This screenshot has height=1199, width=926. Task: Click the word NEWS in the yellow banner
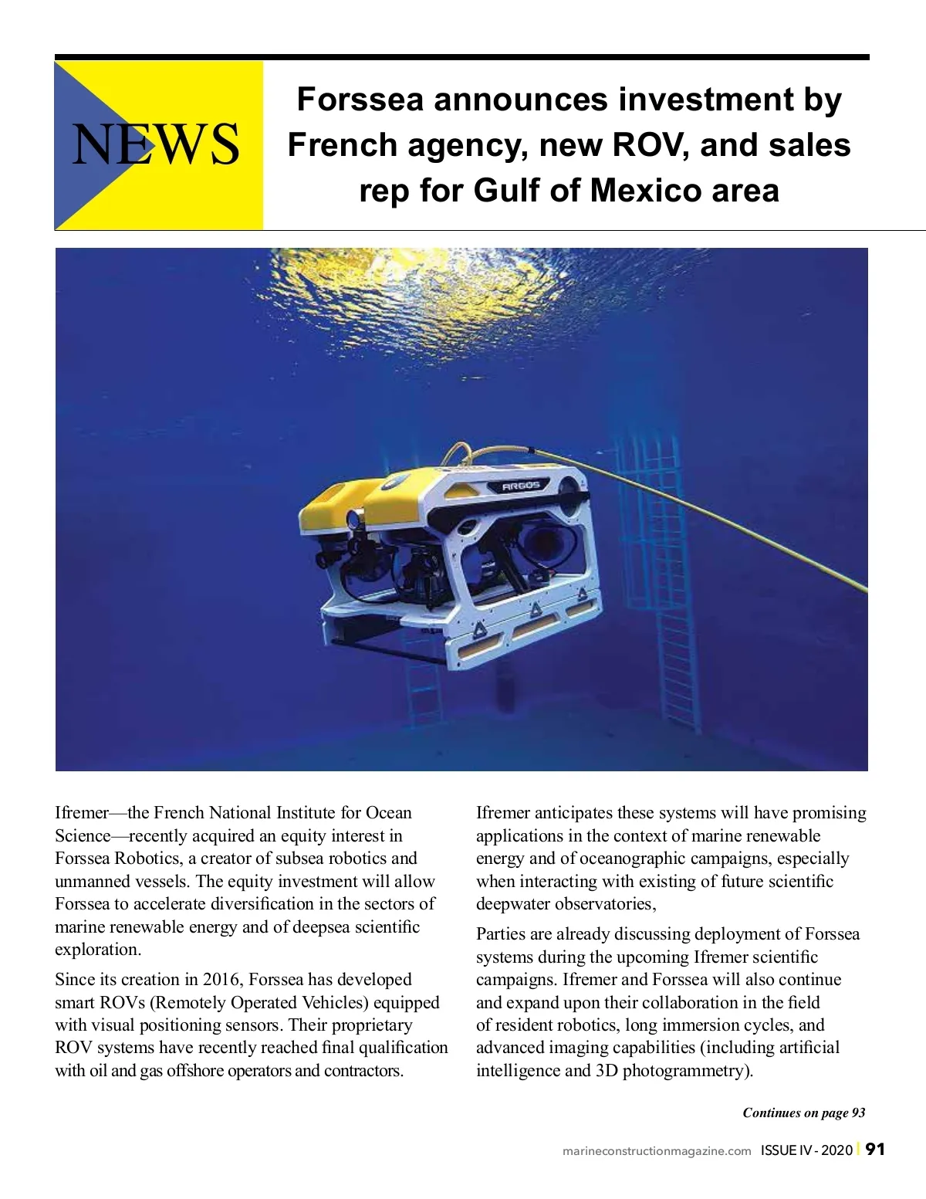(155, 144)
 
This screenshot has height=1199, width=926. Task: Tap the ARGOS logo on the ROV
(522, 486)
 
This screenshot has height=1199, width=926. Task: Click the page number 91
(875, 1149)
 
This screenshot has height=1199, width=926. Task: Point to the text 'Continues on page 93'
(803, 1113)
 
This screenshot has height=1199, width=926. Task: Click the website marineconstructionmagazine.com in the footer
(657, 1151)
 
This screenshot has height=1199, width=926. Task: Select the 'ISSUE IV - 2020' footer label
(806, 1150)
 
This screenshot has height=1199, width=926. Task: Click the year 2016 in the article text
(221, 980)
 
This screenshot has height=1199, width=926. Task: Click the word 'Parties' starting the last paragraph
(501, 934)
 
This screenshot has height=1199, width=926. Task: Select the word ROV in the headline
(651, 145)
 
